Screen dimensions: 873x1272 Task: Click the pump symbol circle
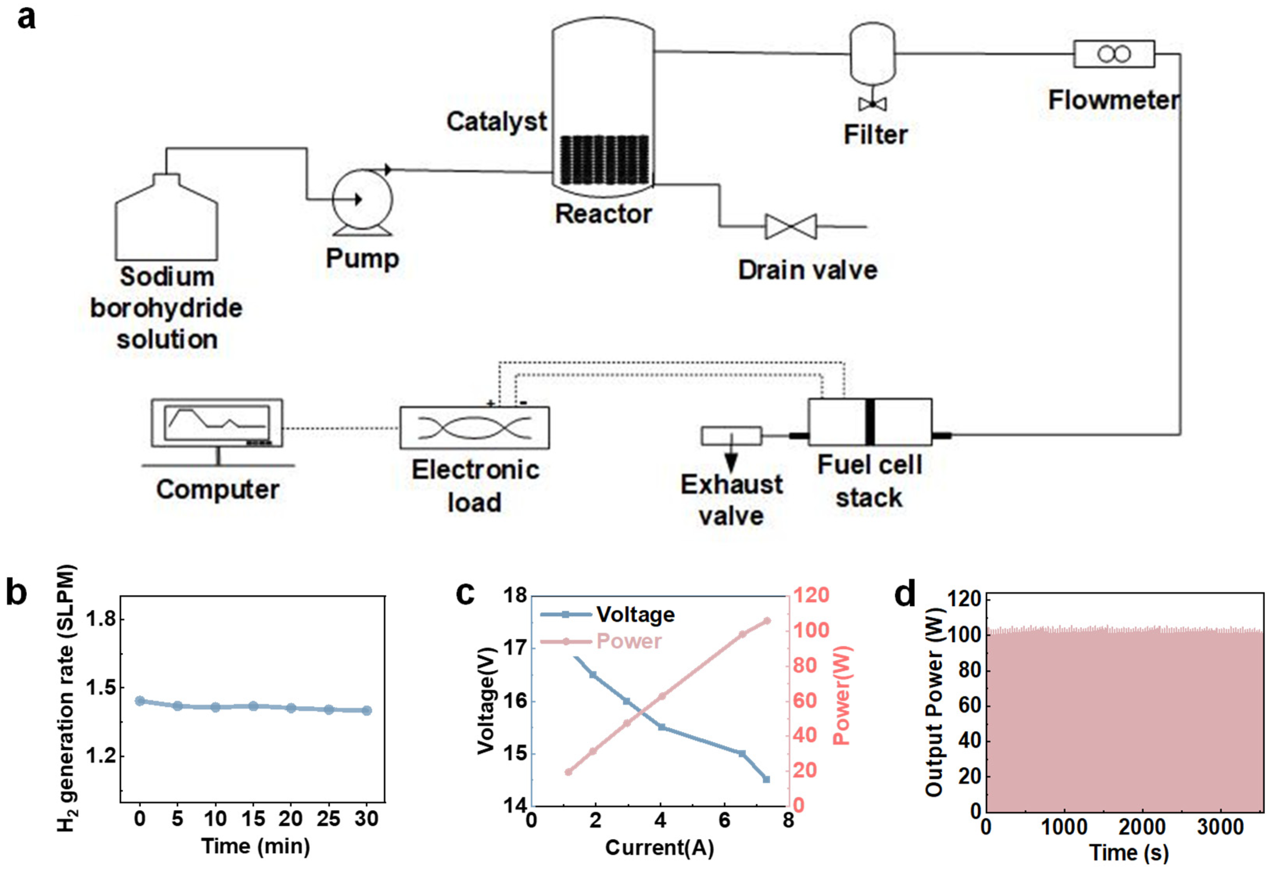(x=362, y=199)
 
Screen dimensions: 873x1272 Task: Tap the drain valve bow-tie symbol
(x=791, y=226)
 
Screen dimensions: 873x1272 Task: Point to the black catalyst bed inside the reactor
(x=604, y=160)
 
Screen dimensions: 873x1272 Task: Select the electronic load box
(x=474, y=428)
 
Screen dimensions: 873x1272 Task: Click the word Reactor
(x=604, y=213)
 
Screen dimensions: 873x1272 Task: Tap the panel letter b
(x=16, y=593)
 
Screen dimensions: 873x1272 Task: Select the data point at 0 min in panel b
(x=140, y=701)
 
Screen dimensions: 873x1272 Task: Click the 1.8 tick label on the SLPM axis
(x=101, y=619)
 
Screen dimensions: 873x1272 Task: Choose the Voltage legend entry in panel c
(x=608, y=615)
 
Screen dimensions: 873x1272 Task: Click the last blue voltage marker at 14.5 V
(x=766, y=779)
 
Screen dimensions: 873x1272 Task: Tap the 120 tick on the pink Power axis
(x=811, y=595)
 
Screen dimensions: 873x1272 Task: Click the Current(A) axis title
(x=660, y=848)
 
